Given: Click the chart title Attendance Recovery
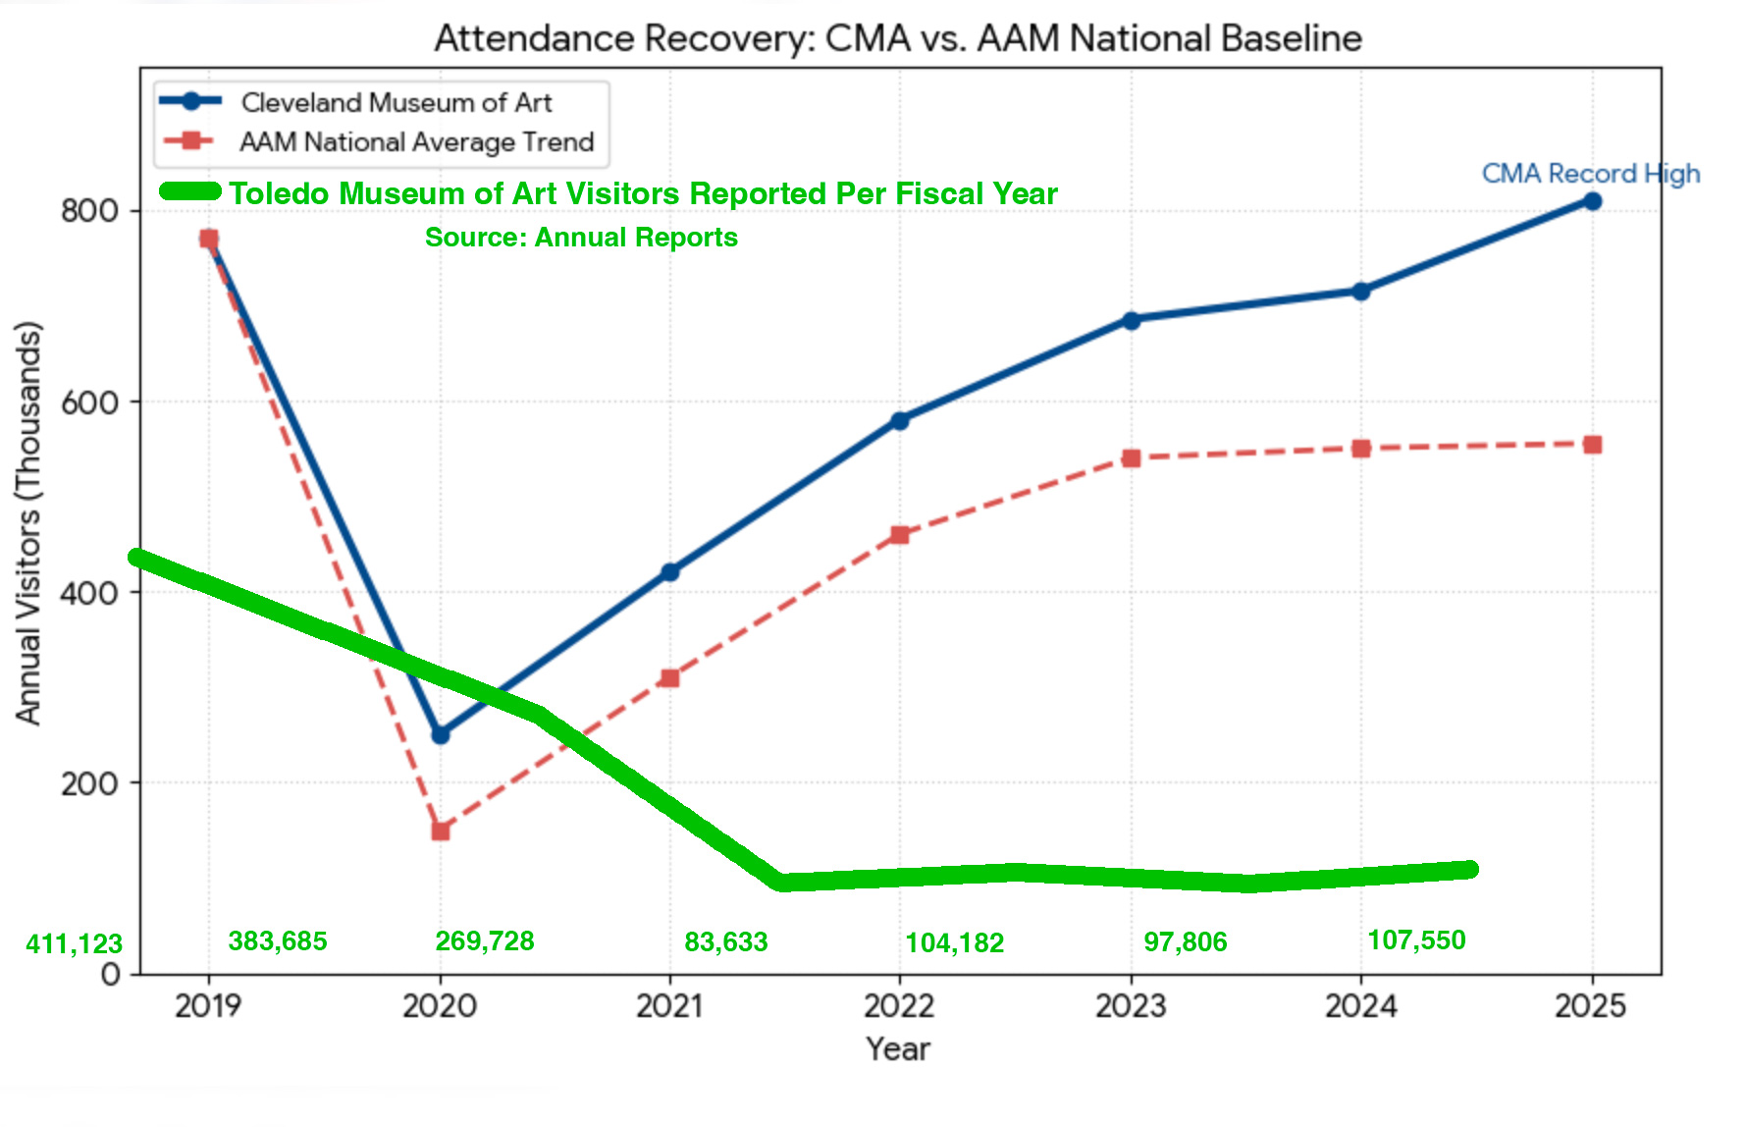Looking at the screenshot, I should tap(897, 39).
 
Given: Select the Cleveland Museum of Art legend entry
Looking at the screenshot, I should tap(396, 102).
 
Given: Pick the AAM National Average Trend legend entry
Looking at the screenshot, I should tap(416, 142).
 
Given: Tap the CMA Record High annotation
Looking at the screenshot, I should tap(1590, 174).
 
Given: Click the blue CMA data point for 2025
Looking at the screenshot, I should tap(1592, 201).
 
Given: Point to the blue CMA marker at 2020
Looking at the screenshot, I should tap(441, 734).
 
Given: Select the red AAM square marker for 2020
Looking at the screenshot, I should tap(441, 832).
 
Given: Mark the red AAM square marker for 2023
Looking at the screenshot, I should tap(1131, 458).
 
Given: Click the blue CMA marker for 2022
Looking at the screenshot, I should tap(900, 420).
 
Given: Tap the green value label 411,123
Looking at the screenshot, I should tap(74, 944).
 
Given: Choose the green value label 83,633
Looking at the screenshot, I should tap(725, 942).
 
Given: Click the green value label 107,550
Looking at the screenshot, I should tap(1416, 940).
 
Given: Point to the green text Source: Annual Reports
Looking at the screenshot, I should tap(581, 238).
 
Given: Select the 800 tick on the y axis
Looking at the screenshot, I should tap(89, 211).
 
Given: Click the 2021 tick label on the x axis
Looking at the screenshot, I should tap(669, 1006).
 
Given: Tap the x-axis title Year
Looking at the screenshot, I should tap(898, 1049).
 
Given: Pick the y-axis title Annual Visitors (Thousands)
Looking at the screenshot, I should tap(29, 522).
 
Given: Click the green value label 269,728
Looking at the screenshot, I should tap(485, 941).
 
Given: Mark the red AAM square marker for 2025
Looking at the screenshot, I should tap(1592, 445).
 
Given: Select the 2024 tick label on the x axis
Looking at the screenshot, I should tap(1360, 1006).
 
